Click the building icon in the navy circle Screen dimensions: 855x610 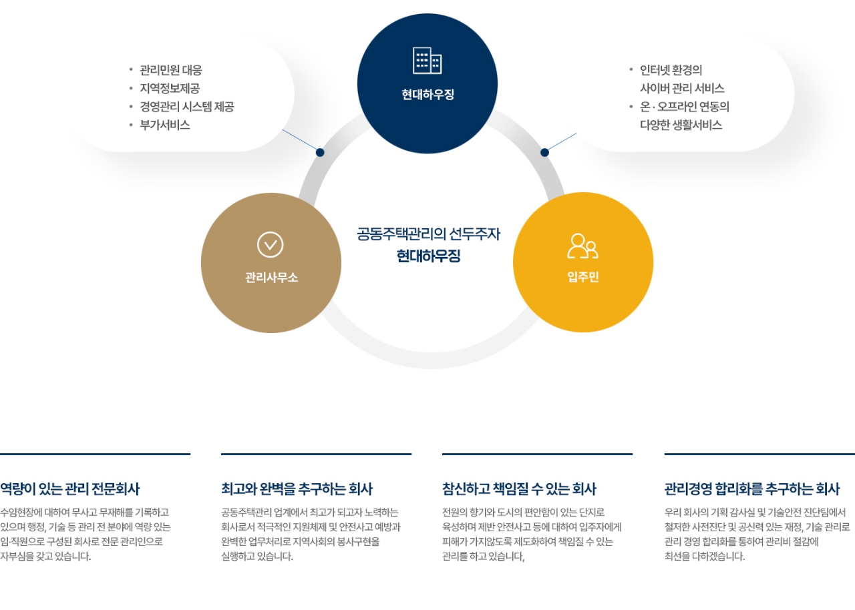tap(427, 60)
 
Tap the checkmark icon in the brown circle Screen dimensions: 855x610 tap(271, 245)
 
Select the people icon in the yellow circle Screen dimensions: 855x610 tap(583, 246)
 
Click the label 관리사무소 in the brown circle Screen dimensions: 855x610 tap(271, 277)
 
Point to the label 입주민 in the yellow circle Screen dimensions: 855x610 tap(583, 276)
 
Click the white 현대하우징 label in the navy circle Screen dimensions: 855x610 tap(427, 94)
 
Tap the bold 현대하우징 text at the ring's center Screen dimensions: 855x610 tap(428, 256)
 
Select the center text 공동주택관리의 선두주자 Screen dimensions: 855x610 tap(428, 234)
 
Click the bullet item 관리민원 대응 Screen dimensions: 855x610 tap(171, 70)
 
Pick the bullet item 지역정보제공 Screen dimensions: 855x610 tap(170, 88)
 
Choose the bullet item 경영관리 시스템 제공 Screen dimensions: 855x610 tap(187, 106)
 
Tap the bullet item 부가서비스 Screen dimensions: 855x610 tap(165, 125)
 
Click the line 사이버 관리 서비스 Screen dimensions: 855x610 tap(682, 88)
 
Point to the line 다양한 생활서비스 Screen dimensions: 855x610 tap(681, 125)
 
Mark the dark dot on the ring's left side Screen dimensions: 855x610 tap(320, 152)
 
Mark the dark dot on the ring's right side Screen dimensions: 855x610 tap(544, 152)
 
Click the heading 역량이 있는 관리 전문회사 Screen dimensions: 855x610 tap(70, 489)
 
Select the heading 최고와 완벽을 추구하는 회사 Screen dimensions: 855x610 tap(297, 489)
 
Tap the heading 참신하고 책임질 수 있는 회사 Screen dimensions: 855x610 tap(519, 489)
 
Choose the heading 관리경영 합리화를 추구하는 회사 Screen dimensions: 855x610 tap(752, 489)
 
